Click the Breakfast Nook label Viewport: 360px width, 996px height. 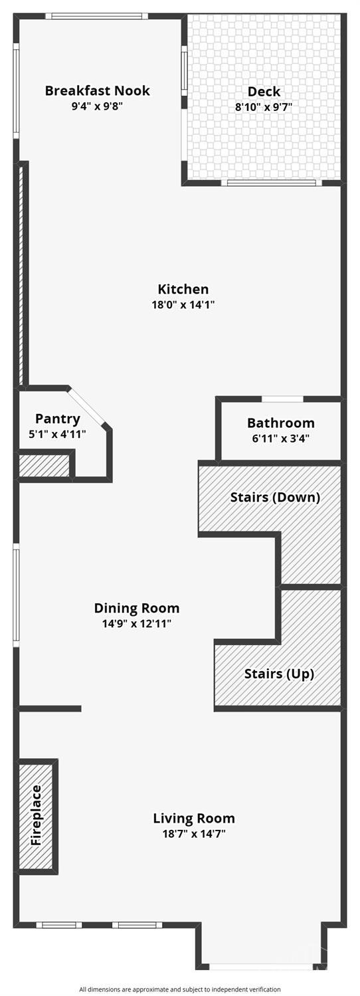(x=98, y=91)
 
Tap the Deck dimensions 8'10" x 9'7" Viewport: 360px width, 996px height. (x=264, y=107)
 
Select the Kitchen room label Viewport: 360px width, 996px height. (x=183, y=289)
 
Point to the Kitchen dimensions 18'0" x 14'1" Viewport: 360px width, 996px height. (x=183, y=304)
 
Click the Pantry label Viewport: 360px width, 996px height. (x=58, y=419)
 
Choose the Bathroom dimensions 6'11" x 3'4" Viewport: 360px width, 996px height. (x=280, y=439)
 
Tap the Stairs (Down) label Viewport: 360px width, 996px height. (x=275, y=496)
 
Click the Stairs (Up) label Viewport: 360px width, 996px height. (x=279, y=674)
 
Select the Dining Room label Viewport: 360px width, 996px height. (x=137, y=608)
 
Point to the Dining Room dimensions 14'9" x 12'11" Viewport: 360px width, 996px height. (x=137, y=623)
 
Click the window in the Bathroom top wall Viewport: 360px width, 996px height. (x=282, y=399)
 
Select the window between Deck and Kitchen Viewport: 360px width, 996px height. (x=271, y=183)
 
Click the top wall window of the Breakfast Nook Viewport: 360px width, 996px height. (x=96, y=17)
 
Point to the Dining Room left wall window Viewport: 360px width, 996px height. (x=16, y=595)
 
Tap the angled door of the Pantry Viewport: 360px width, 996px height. (x=88, y=409)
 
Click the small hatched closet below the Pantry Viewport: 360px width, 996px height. (x=44, y=465)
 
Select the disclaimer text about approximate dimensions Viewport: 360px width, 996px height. (x=180, y=989)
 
